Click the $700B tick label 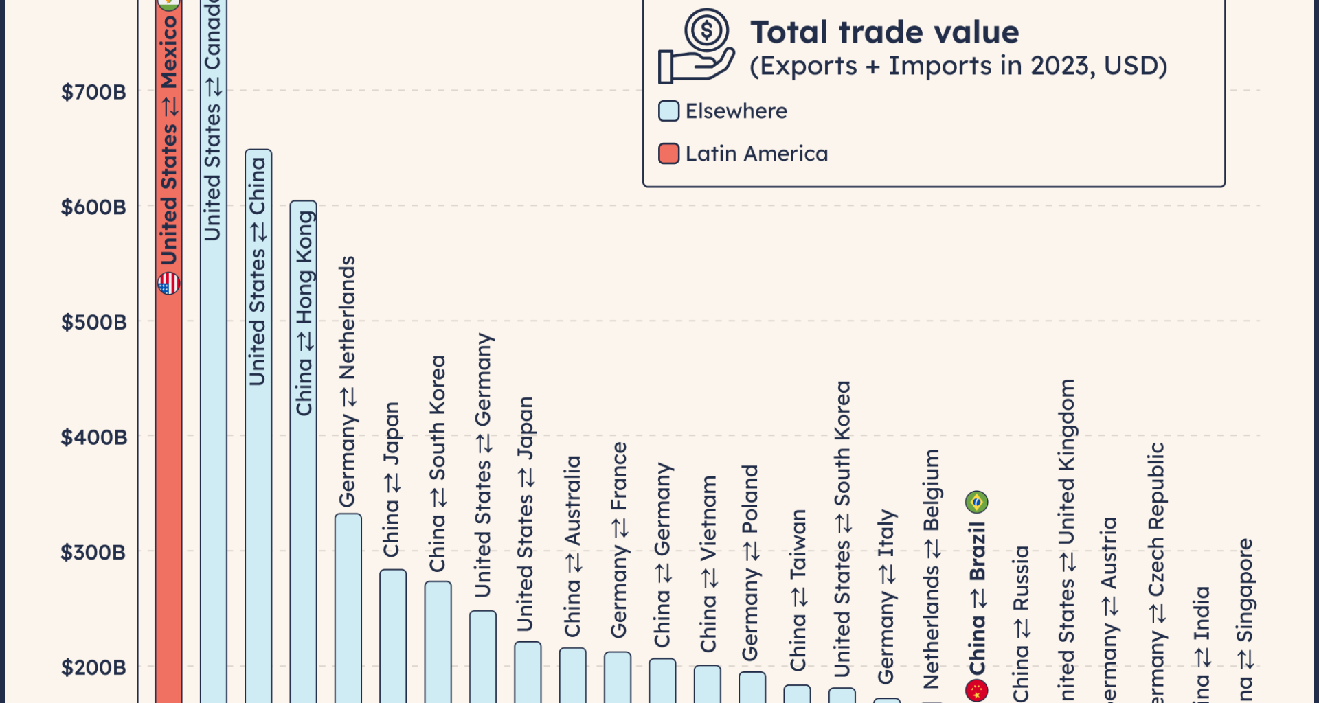point(93,92)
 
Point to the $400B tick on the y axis point(93,437)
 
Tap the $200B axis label point(93,667)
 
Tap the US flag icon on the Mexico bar point(169,283)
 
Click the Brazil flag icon point(976,502)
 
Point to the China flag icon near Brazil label point(976,690)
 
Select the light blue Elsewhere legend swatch point(668,111)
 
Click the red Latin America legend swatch point(668,154)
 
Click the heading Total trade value point(884,32)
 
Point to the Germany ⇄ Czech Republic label point(1157,570)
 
